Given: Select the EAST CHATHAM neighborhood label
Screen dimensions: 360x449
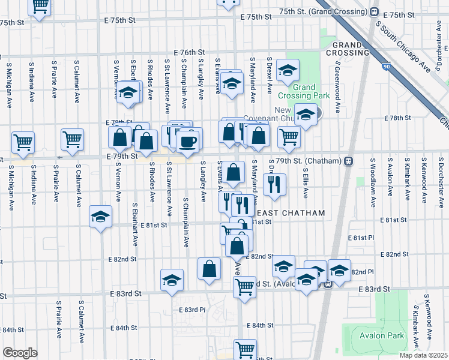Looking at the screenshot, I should coord(291,213).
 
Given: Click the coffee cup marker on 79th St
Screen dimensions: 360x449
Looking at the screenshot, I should coord(189,140).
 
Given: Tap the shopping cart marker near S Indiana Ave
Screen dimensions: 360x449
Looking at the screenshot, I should coord(23,143).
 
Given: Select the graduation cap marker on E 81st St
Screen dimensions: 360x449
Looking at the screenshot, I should coord(100,217).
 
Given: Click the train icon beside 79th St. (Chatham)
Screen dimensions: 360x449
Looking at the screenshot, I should coord(348,161).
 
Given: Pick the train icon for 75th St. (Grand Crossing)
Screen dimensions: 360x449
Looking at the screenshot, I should coord(374,11).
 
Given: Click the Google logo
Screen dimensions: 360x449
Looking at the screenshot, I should coord(19,353).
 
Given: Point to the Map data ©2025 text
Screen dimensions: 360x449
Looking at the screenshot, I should coord(424,355).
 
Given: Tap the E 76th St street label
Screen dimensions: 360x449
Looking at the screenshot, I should coord(189,53).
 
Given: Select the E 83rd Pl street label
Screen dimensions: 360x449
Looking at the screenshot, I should coord(192,310).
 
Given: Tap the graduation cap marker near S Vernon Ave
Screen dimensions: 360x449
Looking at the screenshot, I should coord(127,92).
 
